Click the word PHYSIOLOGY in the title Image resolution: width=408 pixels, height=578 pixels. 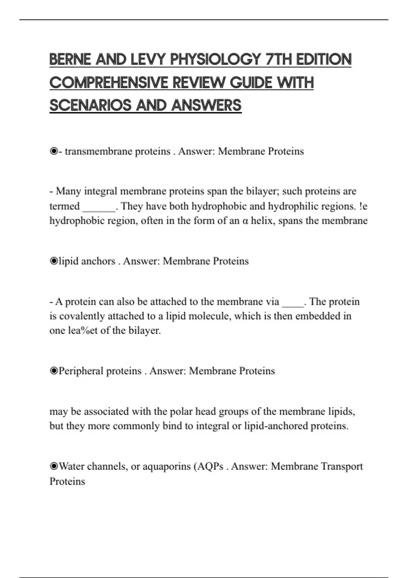coord(215,60)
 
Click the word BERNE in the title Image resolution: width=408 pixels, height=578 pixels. coord(70,60)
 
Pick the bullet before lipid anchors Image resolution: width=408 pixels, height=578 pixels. coord(54,261)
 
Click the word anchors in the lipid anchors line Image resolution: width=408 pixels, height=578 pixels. coord(98,261)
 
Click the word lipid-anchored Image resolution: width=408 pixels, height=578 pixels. coord(276,426)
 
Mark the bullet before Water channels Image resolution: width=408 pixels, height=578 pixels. coord(54,466)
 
